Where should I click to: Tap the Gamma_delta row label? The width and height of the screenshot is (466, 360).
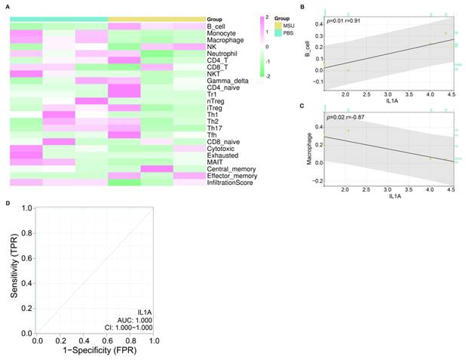pos(224,80)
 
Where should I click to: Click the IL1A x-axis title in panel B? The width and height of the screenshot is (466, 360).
pos(390,100)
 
